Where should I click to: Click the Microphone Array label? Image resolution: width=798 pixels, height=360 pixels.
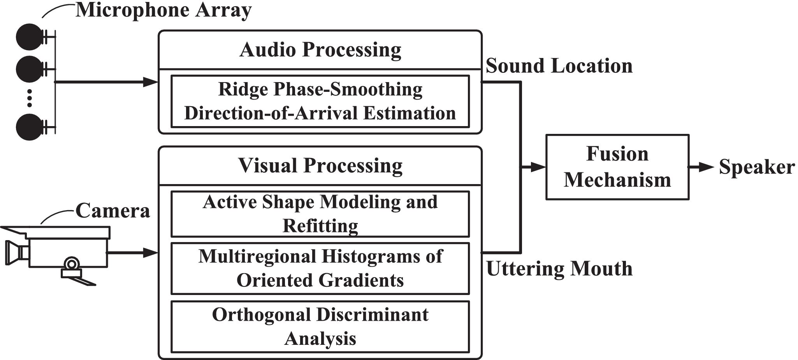click(x=163, y=10)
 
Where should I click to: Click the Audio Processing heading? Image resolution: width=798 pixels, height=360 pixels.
click(x=320, y=50)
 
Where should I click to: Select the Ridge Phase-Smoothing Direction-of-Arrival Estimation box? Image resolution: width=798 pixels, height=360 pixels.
click(x=320, y=101)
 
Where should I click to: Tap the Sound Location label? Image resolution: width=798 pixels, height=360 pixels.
click(x=559, y=66)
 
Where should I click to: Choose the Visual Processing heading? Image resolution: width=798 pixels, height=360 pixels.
click(x=320, y=165)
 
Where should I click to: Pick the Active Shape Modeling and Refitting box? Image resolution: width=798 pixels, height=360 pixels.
click(x=320, y=214)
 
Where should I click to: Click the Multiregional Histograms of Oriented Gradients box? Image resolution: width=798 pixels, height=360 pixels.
click(x=320, y=268)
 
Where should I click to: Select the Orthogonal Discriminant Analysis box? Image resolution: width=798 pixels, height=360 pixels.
click(x=320, y=327)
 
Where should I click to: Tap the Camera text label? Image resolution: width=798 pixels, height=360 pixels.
click(x=112, y=211)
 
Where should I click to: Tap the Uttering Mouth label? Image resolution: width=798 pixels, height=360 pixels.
click(x=559, y=269)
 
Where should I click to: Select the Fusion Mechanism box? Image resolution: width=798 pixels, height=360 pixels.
click(x=617, y=167)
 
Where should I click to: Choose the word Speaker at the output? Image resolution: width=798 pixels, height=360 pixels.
click(x=756, y=167)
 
